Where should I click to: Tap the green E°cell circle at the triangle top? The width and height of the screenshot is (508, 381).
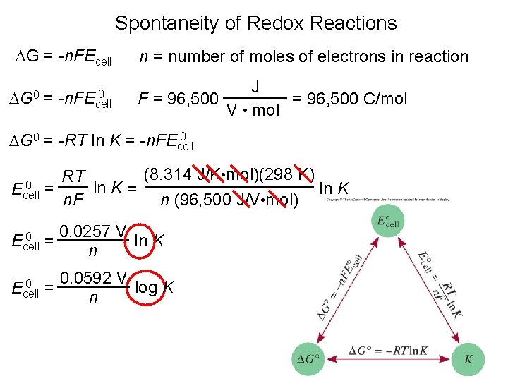(x=388, y=221)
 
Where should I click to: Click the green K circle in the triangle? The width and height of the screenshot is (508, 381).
(x=468, y=358)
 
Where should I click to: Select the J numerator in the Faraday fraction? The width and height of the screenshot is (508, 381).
(x=255, y=85)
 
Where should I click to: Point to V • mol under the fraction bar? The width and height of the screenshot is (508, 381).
(x=253, y=110)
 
